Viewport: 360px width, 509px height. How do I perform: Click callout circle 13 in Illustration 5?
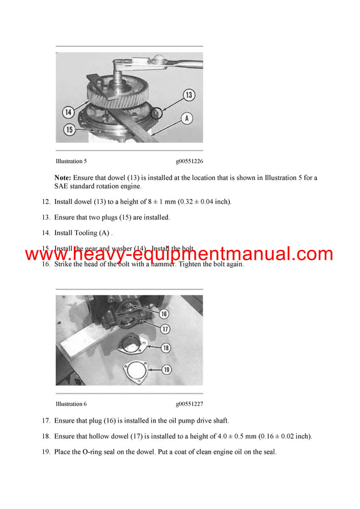[188, 95]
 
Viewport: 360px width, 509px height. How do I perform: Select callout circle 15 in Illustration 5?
[70, 129]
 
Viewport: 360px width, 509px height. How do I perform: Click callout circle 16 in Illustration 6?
[164, 314]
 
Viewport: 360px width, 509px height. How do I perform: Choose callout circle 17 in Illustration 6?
[164, 329]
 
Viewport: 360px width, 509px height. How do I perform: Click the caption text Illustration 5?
[71, 161]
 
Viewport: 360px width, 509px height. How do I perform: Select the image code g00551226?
[190, 161]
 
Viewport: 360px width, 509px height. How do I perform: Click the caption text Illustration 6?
[71, 404]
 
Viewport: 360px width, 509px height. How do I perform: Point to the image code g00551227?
[190, 404]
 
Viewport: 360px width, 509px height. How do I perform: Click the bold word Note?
[63, 177]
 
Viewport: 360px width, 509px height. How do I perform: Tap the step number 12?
[46, 201]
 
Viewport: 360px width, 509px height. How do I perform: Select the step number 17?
[46, 421]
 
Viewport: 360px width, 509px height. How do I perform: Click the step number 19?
[46, 452]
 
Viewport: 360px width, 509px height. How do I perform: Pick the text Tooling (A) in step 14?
[91, 233]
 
